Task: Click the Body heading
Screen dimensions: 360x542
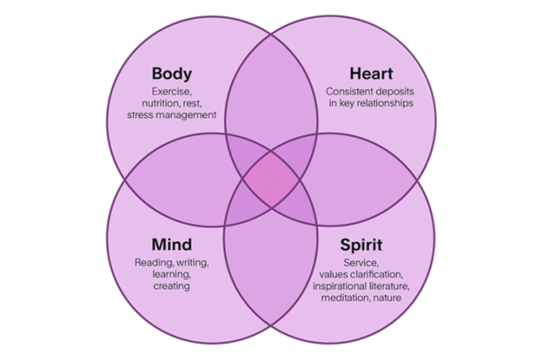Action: coord(172,74)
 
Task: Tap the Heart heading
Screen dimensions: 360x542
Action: coord(371,74)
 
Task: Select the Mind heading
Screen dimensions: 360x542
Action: coord(172,245)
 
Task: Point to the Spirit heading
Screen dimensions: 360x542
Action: coord(361,245)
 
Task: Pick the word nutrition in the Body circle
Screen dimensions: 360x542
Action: coord(161,103)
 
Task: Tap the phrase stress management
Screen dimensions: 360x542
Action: coord(172,115)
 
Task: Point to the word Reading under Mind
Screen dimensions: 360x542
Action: coord(154,262)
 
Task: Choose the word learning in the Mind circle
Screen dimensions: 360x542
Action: coord(171,274)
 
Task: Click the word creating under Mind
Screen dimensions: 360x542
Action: coord(172,286)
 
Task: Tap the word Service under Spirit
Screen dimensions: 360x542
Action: coord(361,262)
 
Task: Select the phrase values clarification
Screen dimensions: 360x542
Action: coord(361,274)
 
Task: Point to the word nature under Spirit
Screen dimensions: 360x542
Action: coord(388,298)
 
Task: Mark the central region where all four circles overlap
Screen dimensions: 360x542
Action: coord(271,180)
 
